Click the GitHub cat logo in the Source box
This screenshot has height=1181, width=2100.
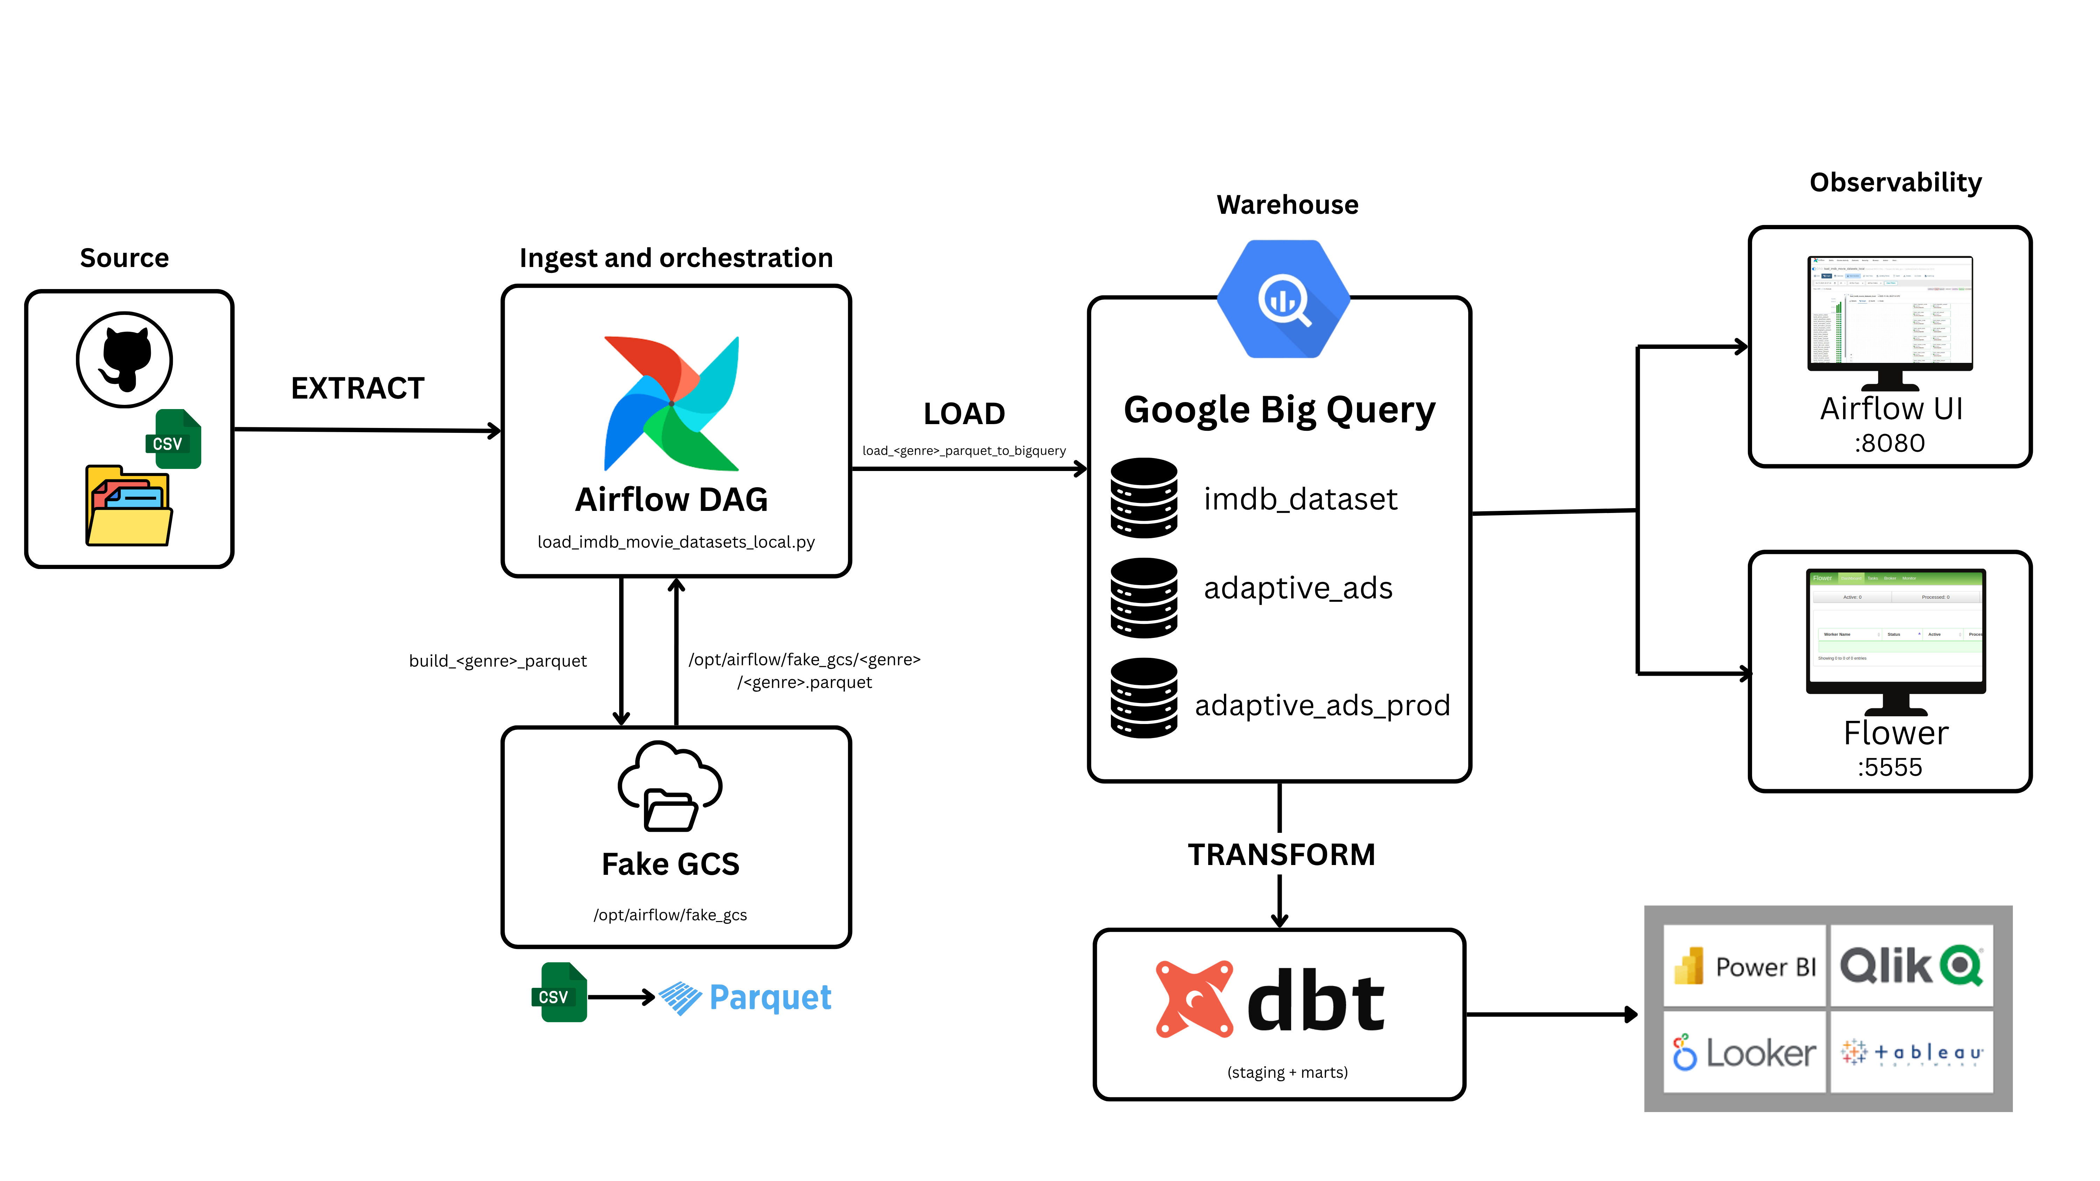pos(125,359)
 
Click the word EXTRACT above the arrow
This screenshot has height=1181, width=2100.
pos(358,388)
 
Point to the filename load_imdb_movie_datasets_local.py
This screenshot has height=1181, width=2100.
pos(676,542)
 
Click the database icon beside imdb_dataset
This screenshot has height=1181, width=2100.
pos(1144,498)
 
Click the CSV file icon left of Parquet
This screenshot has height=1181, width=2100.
pos(559,993)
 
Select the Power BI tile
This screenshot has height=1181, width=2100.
pos(1744,966)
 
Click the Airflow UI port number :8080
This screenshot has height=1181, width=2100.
pos(1890,443)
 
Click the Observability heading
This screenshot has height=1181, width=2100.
pos(1895,183)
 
